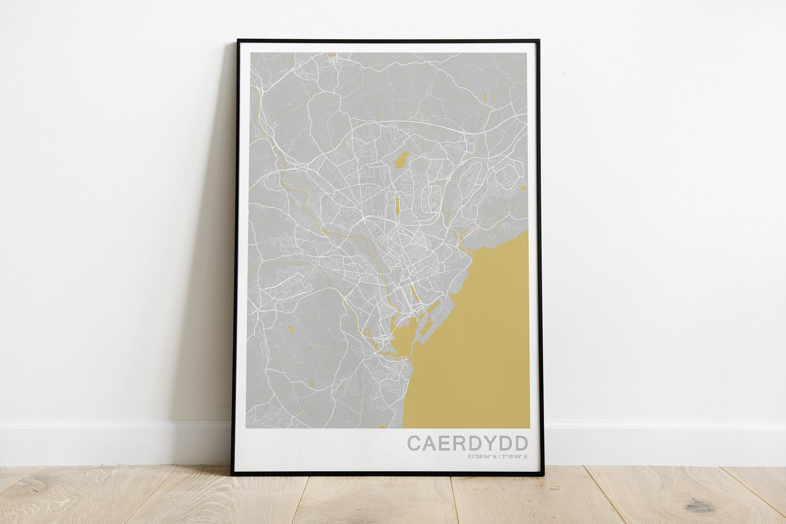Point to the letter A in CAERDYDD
(x=429, y=443)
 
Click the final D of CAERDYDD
(x=520, y=443)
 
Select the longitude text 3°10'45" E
(x=515, y=457)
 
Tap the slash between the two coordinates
(x=498, y=457)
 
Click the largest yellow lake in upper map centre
(x=402, y=159)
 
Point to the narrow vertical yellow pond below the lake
(x=397, y=205)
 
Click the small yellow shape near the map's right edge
(x=523, y=188)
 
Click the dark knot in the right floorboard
(x=700, y=507)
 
